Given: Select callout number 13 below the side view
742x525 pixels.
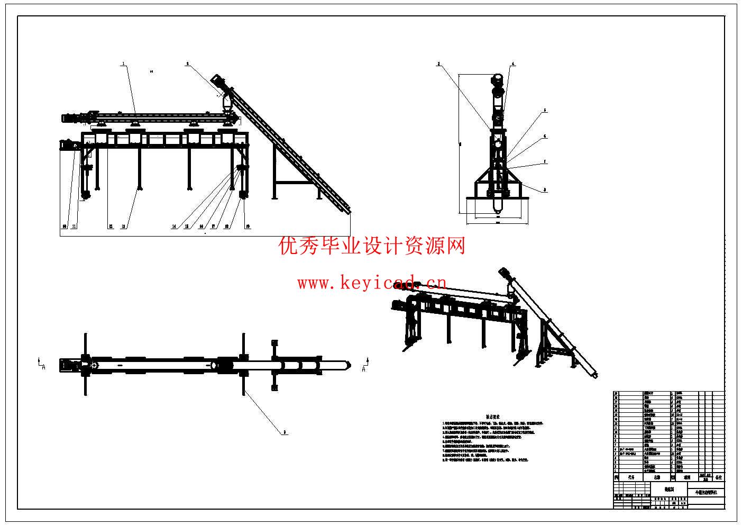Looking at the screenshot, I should pyautogui.click(x=123, y=227).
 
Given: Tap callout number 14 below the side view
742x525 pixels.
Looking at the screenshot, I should pyautogui.click(x=174, y=227).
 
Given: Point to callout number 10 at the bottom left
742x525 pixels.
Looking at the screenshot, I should pyautogui.click(x=65, y=227).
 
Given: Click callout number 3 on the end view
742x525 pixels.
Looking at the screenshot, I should pyautogui.click(x=438, y=64).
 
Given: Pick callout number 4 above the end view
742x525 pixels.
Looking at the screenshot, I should pyautogui.click(x=512, y=64).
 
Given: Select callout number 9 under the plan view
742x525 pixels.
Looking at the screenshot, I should pyautogui.click(x=285, y=432).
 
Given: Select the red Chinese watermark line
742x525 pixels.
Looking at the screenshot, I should pyautogui.click(x=372, y=246).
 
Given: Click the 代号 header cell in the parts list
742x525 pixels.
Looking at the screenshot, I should pyautogui.click(x=631, y=477).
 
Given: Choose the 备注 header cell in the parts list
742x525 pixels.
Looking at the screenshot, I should pyautogui.click(x=718, y=477).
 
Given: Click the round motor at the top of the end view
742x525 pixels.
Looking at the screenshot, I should pyautogui.click(x=497, y=79).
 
